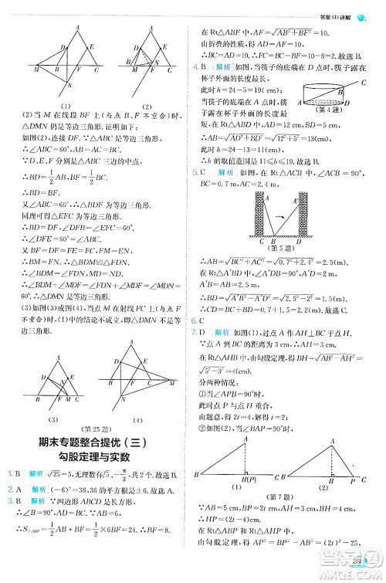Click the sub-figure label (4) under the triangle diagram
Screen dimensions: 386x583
pyautogui.click(x=138, y=419)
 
